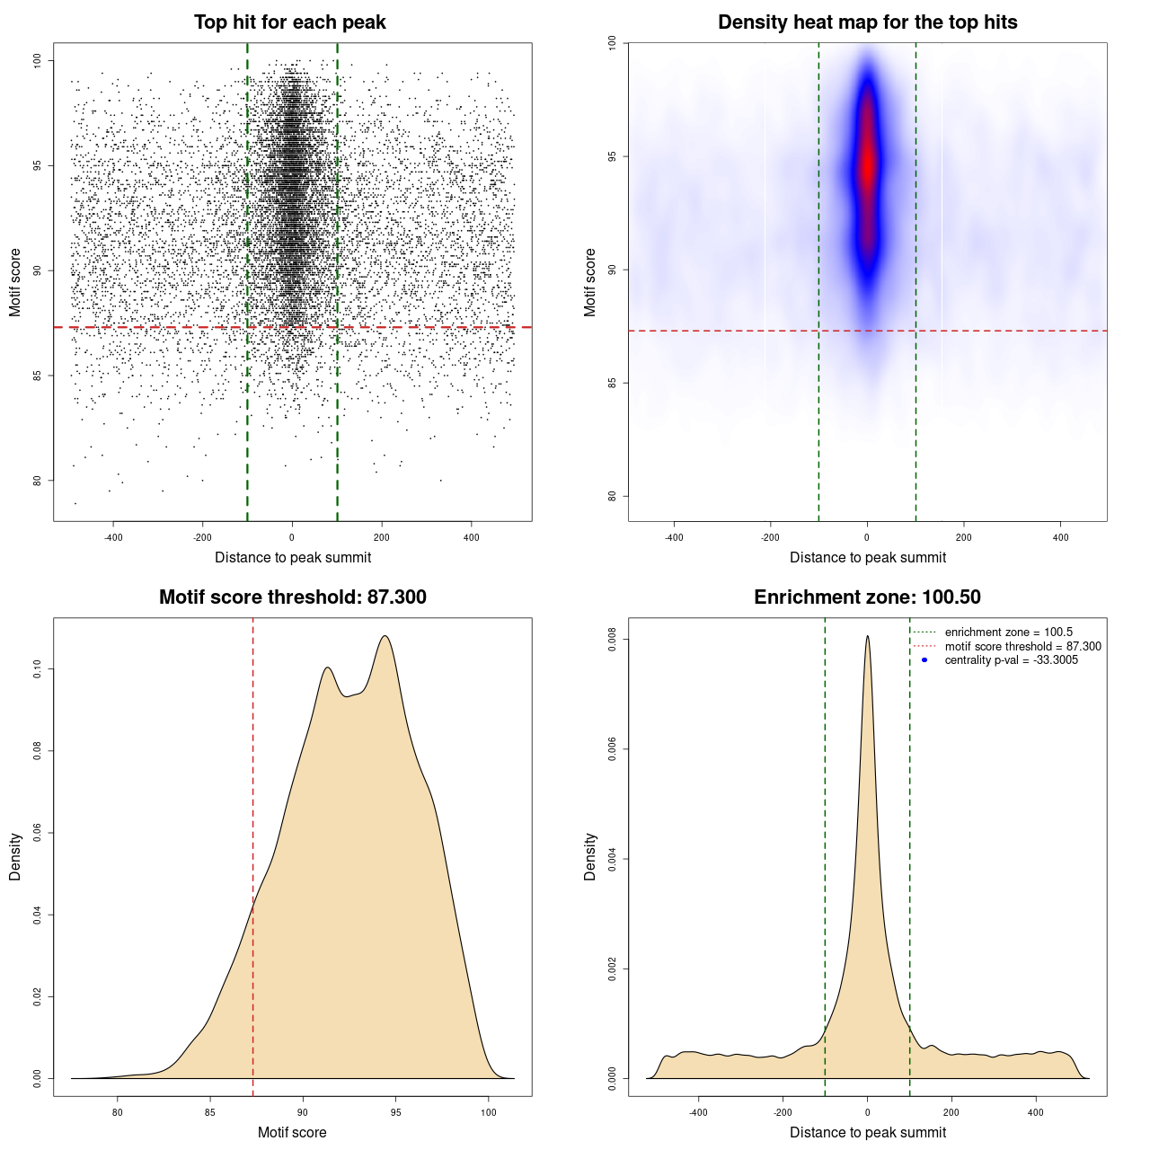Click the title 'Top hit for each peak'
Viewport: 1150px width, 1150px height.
(290, 22)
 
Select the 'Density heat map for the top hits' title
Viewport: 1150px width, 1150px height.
(867, 22)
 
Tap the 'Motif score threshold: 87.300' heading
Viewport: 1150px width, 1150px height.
(292, 597)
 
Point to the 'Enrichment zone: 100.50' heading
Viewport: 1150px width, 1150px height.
(867, 597)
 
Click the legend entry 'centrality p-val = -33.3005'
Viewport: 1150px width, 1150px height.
(1011, 660)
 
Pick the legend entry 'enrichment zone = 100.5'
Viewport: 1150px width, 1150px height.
(1008, 632)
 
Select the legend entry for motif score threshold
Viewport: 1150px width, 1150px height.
(1022, 647)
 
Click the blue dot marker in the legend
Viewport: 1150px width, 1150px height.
(924, 660)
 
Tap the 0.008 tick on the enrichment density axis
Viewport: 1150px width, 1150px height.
(613, 640)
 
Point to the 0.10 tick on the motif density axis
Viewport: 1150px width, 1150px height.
(38, 669)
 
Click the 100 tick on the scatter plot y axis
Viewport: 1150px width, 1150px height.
(38, 60)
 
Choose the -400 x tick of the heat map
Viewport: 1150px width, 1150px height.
(673, 537)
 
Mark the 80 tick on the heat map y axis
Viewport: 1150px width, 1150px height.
(613, 496)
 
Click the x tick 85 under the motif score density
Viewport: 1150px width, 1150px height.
(210, 1112)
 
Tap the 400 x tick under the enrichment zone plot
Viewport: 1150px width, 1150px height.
(1036, 1112)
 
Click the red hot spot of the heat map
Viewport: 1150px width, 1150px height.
(867, 166)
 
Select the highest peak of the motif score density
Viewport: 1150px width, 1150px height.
(385, 636)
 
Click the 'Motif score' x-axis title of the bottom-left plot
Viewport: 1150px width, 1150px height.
(292, 1132)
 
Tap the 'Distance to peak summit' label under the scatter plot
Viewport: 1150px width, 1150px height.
(293, 557)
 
